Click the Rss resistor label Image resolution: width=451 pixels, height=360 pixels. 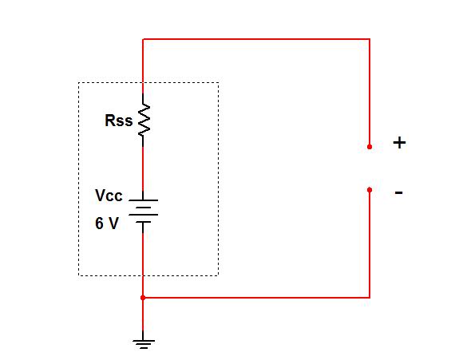pos(118,121)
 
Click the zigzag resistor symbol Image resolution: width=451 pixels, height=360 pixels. pos(144,120)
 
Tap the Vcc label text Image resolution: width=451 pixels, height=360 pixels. pos(109,196)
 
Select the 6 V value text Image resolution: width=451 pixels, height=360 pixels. pos(107,224)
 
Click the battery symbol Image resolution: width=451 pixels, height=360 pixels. pos(143,211)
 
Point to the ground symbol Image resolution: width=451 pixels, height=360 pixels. pos(144,343)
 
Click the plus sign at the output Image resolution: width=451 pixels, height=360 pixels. pos(399,143)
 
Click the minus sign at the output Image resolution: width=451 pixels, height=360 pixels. pos(398,192)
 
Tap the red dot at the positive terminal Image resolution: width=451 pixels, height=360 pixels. pos(370,147)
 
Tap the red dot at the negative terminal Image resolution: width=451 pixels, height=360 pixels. pos(370,190)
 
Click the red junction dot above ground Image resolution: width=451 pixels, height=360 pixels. pos(143,298)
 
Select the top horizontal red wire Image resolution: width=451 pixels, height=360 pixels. pos(256,39)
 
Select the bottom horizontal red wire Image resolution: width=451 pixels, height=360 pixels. pos(256,297)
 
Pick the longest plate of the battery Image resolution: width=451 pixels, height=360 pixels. pos(143,215)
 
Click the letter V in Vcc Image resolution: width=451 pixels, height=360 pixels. pos(101,196)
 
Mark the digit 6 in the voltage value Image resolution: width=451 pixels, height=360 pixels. pos(99,224)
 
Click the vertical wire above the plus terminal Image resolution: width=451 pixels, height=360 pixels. pos(370,92)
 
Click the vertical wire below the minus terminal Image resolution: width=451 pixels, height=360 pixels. pos(370,244)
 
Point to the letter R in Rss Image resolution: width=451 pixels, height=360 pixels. pos(110,121)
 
